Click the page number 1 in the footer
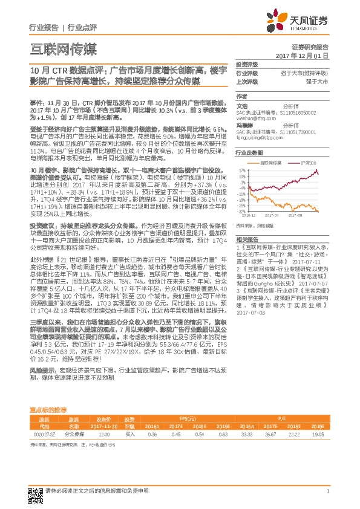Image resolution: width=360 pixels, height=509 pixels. click(x=327, y=491)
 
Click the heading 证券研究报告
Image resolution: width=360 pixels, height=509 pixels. click(x=310, y=47)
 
